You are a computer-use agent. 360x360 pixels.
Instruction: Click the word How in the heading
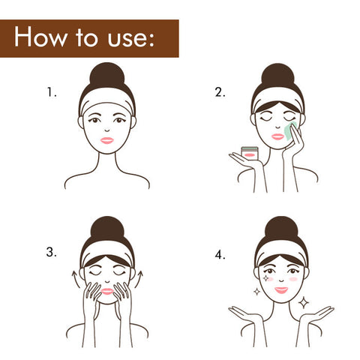point(40,37)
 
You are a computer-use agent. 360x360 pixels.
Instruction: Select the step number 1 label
point(52,92)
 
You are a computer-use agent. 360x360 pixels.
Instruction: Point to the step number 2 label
point(220,92)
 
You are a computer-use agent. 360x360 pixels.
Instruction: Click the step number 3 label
point(51,252)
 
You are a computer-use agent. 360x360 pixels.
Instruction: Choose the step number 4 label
point(220,255)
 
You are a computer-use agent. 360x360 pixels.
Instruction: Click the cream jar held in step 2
point(249,153)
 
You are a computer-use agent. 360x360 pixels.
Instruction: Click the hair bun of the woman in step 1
point(107,76)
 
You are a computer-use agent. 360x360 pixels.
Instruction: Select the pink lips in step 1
point(107,140)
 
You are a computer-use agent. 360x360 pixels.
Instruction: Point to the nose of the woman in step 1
point(107,130)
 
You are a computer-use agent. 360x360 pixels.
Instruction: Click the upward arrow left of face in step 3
point(76,279)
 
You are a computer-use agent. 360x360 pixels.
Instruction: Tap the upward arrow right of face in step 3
point(138,279)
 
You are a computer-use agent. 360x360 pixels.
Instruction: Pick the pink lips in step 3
point(107,292)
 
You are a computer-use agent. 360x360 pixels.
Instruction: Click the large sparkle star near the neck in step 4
point(304,303)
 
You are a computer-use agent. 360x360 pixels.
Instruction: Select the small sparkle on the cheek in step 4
point(265,278)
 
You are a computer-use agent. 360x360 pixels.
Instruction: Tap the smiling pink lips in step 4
point(281,290)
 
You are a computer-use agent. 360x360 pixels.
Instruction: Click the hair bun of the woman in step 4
point(281,229)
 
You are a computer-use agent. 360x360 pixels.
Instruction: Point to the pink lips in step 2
point(277,136)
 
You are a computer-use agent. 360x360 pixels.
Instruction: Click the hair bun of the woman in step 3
point(107,229)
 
